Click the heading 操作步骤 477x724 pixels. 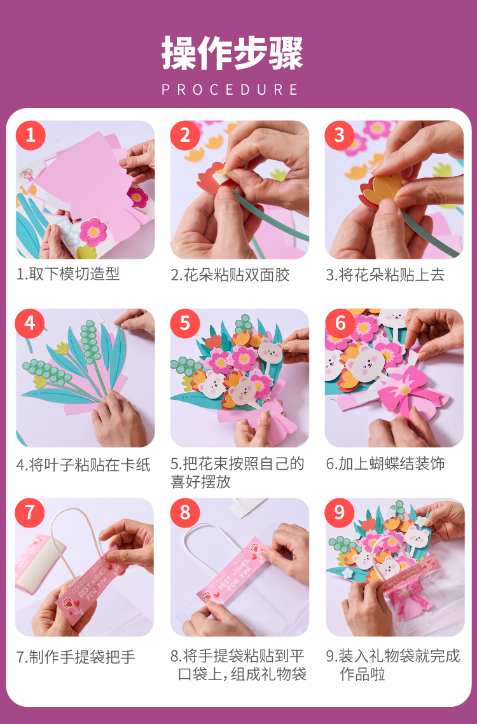pos(233,53)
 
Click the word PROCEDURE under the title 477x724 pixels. pos(230,89)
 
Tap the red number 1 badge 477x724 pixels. pos(31,135)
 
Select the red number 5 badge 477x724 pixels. pos(185,323)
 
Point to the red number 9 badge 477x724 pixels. pos(340,512)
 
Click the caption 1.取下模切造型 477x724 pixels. pos(69,274)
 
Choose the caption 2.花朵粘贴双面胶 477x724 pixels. pos(230,275)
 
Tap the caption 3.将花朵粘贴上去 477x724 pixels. pos(385,275)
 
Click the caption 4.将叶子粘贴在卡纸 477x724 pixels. pos(84,465)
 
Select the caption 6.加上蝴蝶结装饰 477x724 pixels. pos(385,463)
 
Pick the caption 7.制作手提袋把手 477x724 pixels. pos(76,657)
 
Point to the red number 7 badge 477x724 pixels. pos(30,512)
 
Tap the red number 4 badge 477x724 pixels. pos(30,323)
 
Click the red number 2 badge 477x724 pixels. pos(185,135)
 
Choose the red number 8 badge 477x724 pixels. pos(185,512)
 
